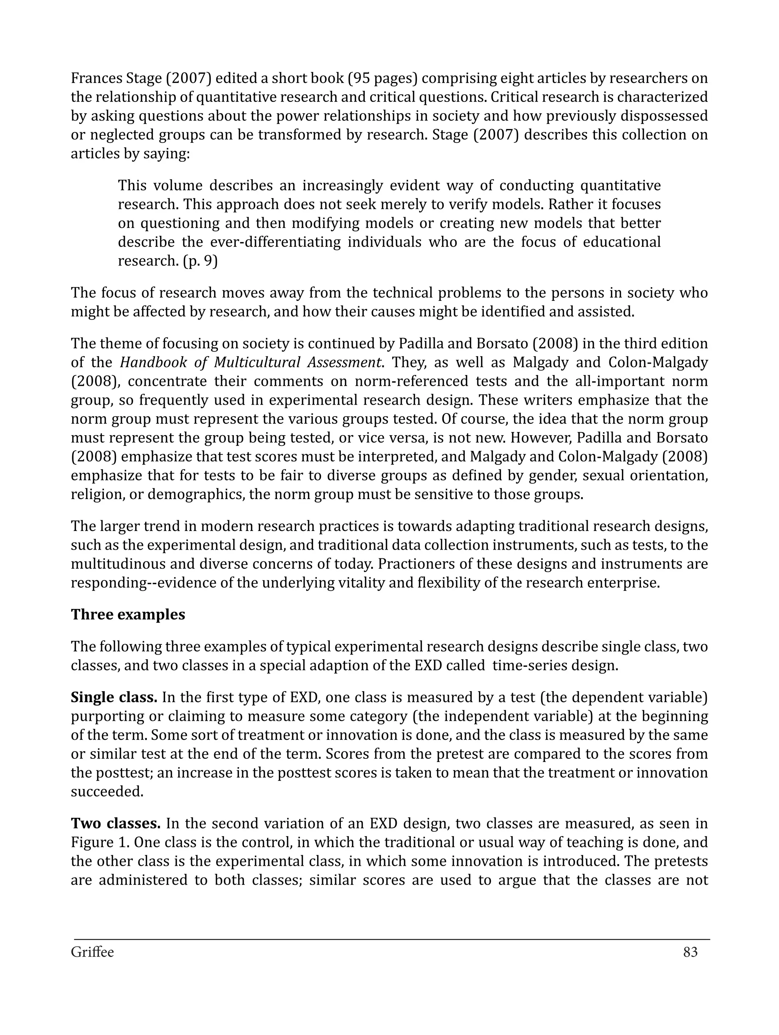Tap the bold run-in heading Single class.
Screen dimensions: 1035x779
114,697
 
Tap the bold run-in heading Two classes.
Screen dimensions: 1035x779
116,823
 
